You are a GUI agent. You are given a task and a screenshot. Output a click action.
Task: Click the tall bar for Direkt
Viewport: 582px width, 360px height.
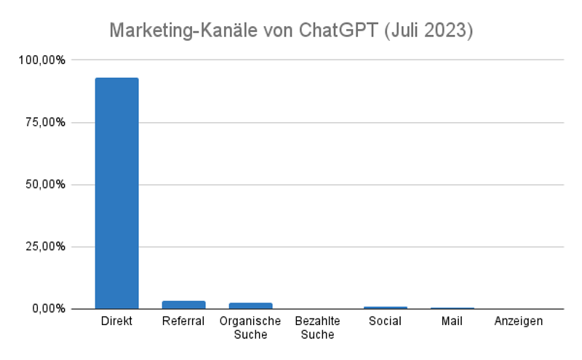tap(116, 193)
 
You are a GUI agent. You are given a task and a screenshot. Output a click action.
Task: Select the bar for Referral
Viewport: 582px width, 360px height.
tap(183, 305)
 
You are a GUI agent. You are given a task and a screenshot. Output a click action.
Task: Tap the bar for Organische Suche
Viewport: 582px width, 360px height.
tap(250, 305)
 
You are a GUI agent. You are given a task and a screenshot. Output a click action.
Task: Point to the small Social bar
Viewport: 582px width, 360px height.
tap(385, 308)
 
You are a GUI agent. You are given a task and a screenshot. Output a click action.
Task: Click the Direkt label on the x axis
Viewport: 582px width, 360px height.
tap(116, 321)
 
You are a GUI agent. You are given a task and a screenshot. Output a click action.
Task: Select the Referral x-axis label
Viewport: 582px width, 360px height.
tap(183, 321)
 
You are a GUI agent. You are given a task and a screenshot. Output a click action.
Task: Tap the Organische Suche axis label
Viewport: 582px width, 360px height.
tap(250, 327)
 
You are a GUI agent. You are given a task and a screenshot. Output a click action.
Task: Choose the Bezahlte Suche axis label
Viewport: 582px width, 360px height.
tap(317, 327)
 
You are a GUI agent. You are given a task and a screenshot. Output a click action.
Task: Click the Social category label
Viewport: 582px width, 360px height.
tap(385, 321)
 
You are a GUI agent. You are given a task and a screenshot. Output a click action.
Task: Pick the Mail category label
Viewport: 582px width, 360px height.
tap(452, 321)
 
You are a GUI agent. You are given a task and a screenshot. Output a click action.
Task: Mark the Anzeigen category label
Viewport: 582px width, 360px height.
tap(519, 321)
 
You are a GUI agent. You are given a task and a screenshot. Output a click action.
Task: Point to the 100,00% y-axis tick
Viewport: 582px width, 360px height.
tap(41, 60)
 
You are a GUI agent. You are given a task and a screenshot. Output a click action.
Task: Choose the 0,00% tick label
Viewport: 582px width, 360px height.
tap(47, 309)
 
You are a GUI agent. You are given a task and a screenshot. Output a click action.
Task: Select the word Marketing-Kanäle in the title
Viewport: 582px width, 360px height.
tap(185, 31)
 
